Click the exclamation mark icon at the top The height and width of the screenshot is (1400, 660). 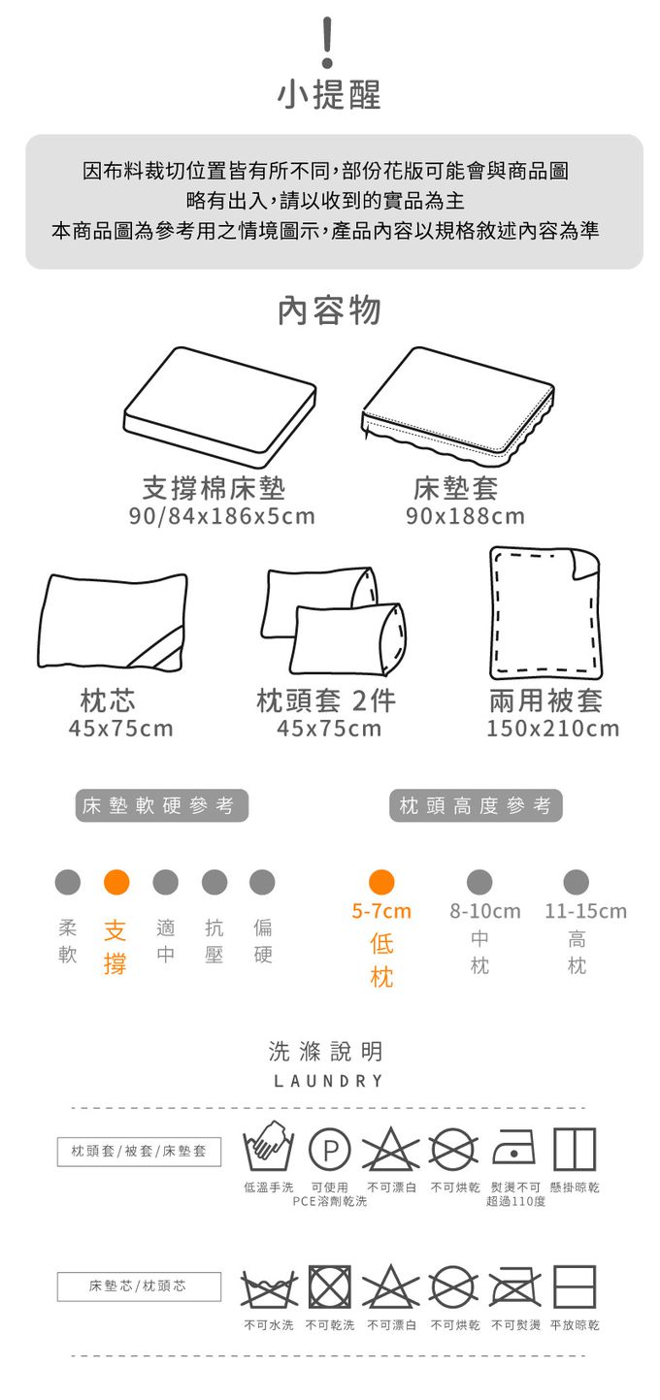[327, 43]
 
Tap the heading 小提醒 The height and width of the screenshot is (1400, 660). [329, 94]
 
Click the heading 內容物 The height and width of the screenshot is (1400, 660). [329, 310]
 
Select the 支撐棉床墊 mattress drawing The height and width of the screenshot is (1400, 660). [219, 407]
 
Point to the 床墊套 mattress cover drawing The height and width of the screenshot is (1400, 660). [458, 407]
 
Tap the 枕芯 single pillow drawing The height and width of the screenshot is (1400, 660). [113, 621]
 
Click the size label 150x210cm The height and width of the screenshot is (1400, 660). [553, 729]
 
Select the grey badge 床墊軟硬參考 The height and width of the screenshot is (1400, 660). [162, 805]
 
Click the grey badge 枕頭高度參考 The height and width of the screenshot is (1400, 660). [476, 805]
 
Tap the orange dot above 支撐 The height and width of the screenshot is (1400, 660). [116, 882]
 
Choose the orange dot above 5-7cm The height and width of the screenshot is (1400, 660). [381, 882]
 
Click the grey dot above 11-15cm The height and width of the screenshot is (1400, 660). [577, 882]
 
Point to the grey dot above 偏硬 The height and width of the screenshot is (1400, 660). [262, 882]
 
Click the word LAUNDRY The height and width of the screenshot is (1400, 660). [328, 1081]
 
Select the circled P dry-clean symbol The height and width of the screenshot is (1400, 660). [330, 1150]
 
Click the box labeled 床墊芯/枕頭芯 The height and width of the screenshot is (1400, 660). [139, 1286]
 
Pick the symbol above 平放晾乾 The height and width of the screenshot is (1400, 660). [575, 1286]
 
